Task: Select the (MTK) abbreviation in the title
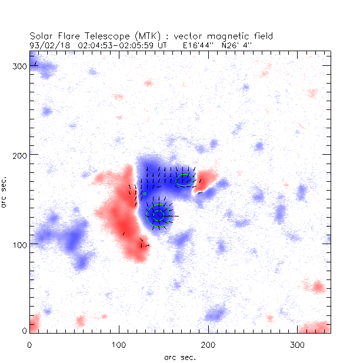tap(138, 35)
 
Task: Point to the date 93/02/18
tap(46, 44)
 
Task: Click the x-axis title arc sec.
tap(180, 357)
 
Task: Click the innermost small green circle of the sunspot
tap(158, 215)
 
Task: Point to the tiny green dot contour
tap(144, 193)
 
